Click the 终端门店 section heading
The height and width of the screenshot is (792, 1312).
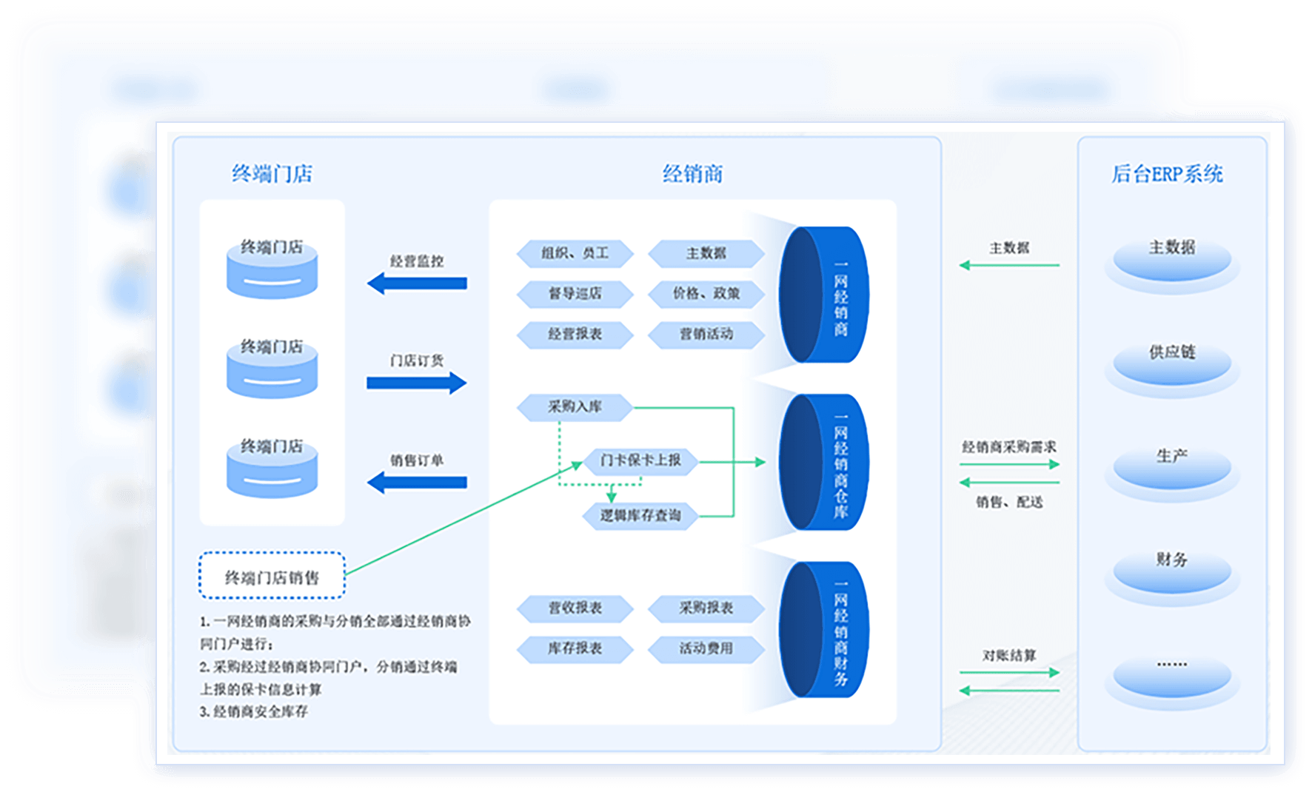click(x=272, y=174)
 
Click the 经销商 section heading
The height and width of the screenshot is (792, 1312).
click(x=692, y=174)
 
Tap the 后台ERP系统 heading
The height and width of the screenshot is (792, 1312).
click(x=1167, y=174)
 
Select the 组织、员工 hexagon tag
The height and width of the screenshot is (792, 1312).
click(x=575, y=253)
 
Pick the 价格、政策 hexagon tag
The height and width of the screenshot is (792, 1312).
click(x=706, y=294)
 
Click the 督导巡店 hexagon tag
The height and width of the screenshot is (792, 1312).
click(x=575, y=294)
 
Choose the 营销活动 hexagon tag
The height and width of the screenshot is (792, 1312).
click(x=706, y=335)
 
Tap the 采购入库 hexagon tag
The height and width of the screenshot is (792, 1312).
click(x=575, y=406)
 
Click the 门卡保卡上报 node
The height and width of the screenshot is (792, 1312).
click(x=640, y=460)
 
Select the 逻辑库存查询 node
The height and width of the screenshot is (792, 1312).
click(x=640, y=515)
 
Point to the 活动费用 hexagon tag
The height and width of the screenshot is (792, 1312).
click(x=706, y=648)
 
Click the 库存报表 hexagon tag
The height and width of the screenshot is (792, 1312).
click(x=575, y=648)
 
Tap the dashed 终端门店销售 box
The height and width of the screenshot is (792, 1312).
click(x=272, y=576)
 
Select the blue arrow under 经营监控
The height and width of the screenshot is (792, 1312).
click(x=417, y=283)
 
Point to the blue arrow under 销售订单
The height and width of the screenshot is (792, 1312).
click(x=417, y=483)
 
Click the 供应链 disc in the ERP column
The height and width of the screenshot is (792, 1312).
click(x=1171, y=363)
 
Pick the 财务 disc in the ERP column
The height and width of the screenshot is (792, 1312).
click(x=1171, y=570)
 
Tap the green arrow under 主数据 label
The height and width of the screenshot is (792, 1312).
click(x=1009, y=265)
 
